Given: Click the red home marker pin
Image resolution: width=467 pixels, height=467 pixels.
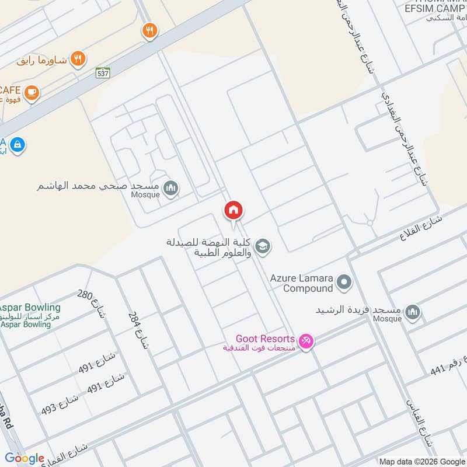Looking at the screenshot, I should [x=233, y=211].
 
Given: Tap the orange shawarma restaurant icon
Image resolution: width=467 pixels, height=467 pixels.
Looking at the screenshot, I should [x=78, y=58].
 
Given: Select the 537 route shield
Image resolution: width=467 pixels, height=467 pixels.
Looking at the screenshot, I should [x=103, y=72].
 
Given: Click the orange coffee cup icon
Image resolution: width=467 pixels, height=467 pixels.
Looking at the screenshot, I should [x=32, y=92].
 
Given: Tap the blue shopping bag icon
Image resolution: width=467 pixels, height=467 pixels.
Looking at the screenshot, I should [x=18, y=144].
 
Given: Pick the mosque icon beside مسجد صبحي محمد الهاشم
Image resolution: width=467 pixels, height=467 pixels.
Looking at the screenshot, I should [x=170, y=187].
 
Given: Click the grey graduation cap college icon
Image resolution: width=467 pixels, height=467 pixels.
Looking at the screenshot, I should [x=262, y=247].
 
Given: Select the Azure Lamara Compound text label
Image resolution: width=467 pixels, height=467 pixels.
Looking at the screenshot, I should [x=301, y=283].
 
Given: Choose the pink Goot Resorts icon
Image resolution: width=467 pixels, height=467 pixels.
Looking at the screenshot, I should [x=305, y=340].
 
